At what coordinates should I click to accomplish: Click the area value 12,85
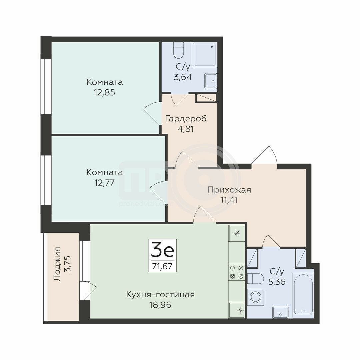click(x=104, y=93)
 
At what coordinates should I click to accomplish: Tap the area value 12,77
click(x=104, y=183)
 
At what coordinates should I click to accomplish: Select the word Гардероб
click(x=186, y=119)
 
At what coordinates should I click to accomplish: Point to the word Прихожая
click(x=229, y=190)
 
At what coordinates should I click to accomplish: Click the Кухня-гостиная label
click(x=160, y=294)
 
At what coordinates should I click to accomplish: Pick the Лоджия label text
click(x=57, y=264)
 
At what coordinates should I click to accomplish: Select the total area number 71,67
click(x=162, y=266)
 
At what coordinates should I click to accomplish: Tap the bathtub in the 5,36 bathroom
click(x=303, y=294)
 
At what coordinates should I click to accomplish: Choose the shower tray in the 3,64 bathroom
click(x=205, y=54)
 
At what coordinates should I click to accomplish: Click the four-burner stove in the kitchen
click(x=236, y=272)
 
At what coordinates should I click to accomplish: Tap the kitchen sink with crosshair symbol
click(x=236, y=310)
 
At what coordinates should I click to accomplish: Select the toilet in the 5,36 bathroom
click(x=255, y=279)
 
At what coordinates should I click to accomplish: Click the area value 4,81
click(x=186, y=129)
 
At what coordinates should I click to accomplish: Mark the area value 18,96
click(x=160, y=305)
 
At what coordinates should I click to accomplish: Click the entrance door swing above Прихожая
click(x=264, y=155)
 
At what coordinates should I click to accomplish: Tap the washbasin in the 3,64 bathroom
click(x=211, y=81)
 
